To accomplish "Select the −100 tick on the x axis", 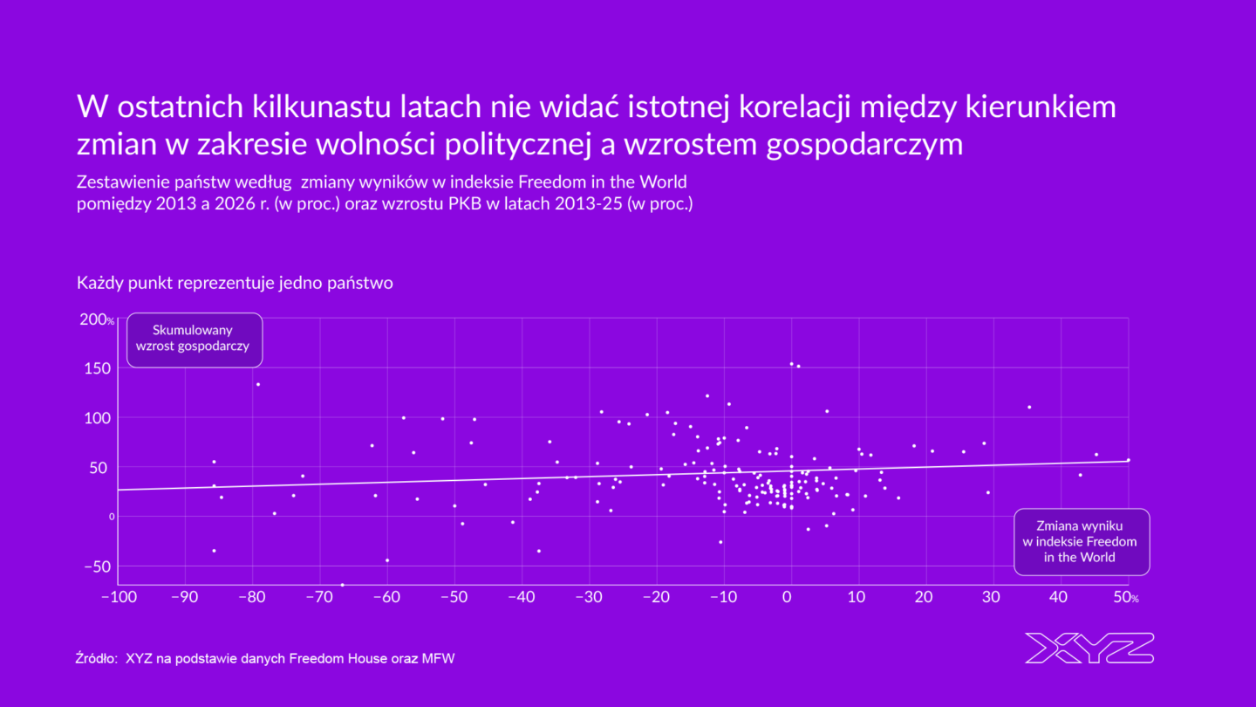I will tap(118, 598).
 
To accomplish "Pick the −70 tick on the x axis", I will tap(319, 598).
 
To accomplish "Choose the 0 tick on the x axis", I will tap(788, 598).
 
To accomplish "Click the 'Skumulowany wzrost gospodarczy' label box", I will tap(194, 339).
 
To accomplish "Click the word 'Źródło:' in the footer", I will tap(97, 659).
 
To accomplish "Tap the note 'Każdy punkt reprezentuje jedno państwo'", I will tap(235, 284).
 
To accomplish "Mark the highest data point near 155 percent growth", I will tap(791, 364).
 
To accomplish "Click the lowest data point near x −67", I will tap(342, 585).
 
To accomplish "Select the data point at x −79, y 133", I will tap(257, 384).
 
